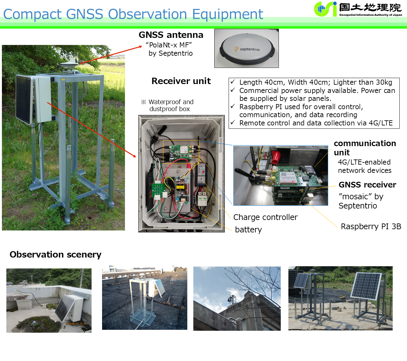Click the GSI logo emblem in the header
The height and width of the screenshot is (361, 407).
[x=325, y=9]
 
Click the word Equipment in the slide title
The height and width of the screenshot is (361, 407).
[x=227, y=14]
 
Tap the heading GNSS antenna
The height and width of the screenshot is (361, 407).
[x=171, y=35]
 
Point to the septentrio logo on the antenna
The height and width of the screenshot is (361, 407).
[x=247, y=49]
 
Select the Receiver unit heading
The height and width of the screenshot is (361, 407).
[x=181, y=81]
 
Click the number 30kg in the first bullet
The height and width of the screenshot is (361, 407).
[x=384, y=82]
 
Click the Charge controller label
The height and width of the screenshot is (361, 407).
[x=266, y=217]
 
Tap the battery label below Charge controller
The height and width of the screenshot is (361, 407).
[x=248, y=230]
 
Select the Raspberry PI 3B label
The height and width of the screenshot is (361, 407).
[x=371, y=226]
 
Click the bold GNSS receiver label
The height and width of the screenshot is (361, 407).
[x=367, y=185]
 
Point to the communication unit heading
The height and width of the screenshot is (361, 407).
[x=365, y=148]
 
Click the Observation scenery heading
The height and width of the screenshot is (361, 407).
[x=55, y=254]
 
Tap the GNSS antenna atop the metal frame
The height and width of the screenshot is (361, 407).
[x=69, y=65]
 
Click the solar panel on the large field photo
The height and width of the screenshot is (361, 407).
[x=24, y=100]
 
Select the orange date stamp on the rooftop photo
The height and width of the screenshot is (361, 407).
[x=76, y=324]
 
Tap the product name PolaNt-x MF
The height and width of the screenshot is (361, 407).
[x=169, y=45]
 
